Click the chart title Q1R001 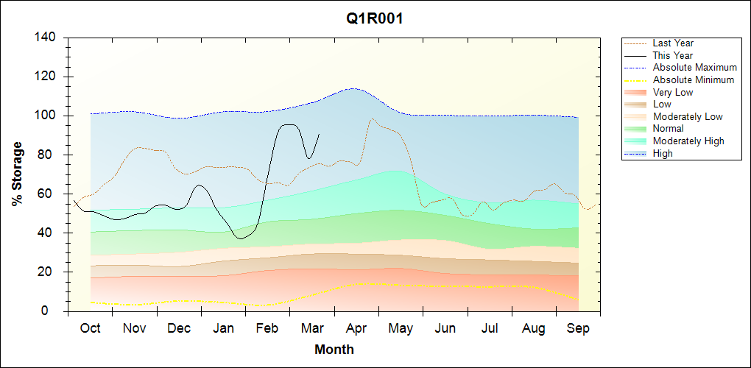pos(375,18)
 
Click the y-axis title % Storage pos(17,174)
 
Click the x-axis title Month pos(334,350)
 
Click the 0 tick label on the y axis pos(55,311)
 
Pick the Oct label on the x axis pos(90,328)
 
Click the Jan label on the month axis pos(223,328)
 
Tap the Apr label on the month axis pos(356,328)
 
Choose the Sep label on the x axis pos(578,328)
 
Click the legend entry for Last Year pos(673,43)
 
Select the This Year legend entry pos(673,55)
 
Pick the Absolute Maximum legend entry pos(694,68)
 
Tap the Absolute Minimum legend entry pos(694,79)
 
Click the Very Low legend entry pos(673,92)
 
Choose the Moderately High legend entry pos(688,141)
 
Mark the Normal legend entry pos(669,129)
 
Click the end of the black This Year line pos(319,134)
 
